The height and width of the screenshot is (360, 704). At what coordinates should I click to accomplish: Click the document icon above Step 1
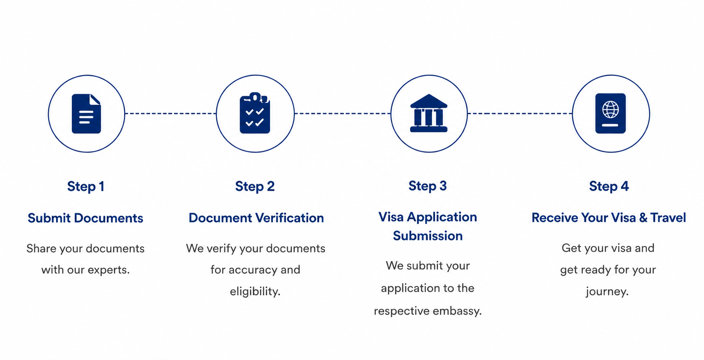tap(86, 114)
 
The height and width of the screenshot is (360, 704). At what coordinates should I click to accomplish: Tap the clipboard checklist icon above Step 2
tap(255, 113)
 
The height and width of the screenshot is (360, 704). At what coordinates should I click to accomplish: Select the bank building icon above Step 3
tap(429, 113)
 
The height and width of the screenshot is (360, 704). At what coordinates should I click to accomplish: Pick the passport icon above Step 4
tap(610, 114)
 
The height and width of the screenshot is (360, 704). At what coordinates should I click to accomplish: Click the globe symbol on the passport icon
tap(610, 109)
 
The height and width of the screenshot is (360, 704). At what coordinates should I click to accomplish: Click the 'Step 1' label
tap(86, 187)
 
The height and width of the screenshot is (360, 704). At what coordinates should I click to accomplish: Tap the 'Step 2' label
tap(255, 187)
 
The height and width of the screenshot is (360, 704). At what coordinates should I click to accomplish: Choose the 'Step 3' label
tap(427, 186)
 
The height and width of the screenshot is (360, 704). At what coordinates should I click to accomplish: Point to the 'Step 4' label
tap(609, 187)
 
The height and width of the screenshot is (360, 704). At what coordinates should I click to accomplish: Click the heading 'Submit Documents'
tap(85, 218)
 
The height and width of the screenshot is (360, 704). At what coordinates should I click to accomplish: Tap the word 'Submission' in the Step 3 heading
tap(428, 236)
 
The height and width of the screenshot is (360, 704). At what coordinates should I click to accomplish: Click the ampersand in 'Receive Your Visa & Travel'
tap(643, 218)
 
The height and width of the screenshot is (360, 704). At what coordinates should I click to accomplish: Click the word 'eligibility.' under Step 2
tap(255, 291)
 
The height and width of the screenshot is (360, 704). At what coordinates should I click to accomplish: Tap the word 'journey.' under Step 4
tap(607, 291)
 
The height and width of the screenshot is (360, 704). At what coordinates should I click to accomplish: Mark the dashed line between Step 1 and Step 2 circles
tap(171, 114)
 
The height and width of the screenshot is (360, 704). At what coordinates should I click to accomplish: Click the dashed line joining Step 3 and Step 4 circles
tap(520, 114)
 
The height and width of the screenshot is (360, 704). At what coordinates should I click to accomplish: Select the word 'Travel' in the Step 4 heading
tap(668, 218)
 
